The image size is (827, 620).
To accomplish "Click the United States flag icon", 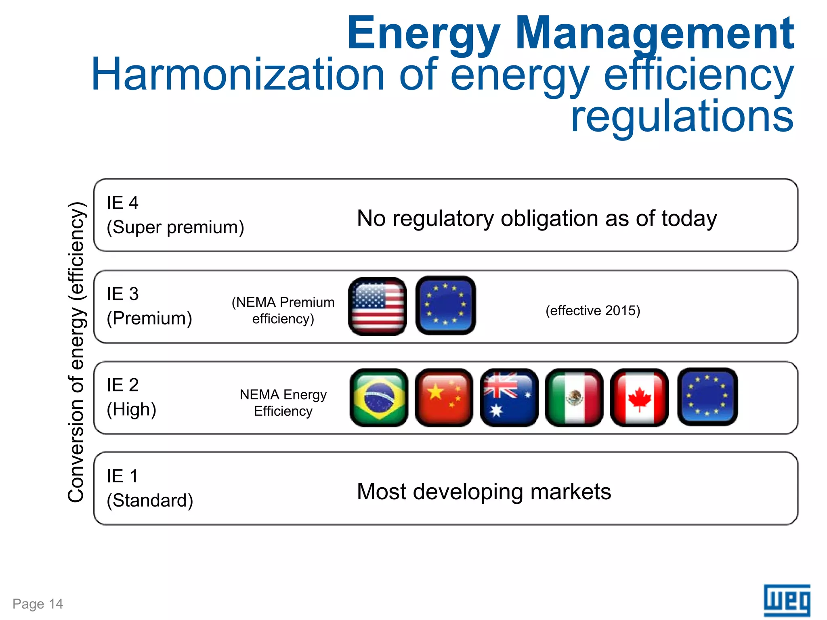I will pos(378,306).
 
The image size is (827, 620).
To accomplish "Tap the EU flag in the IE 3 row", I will pos(445,306).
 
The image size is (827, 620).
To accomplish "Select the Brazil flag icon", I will pos(379,398).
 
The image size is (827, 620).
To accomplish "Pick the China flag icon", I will pos(444,398).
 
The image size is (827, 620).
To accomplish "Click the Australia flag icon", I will pos(509,398).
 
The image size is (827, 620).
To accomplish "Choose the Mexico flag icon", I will pos(574,398).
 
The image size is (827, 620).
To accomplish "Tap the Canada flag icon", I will pos(639,398).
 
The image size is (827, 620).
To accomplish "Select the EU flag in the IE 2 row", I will pos(707,397).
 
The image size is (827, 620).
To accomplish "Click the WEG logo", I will pos(787,600).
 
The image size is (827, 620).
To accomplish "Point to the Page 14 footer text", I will pos(38,604).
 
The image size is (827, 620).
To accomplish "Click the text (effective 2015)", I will pos(593,310).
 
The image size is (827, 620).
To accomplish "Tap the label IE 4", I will pos(122,203).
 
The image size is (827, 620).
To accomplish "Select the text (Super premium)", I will pos(175,227).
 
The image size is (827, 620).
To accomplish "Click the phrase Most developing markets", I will pos(484,492).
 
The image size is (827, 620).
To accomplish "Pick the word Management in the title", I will pos(654,33).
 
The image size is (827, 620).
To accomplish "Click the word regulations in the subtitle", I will pos(682,116).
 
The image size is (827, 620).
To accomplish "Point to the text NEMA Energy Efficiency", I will pos(283,402).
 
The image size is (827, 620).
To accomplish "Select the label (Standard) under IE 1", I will pos(150,501).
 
